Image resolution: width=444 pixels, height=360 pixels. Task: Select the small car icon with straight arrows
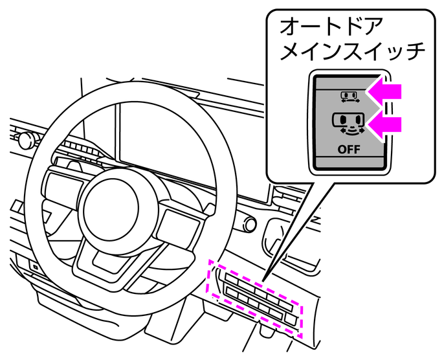350,96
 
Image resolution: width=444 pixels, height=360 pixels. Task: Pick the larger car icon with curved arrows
350,123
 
